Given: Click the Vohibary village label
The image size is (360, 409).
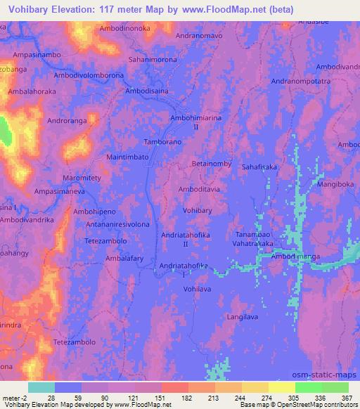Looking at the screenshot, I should click(x=196, y=209).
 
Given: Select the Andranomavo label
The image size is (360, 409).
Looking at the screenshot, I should click(x=198, y=34).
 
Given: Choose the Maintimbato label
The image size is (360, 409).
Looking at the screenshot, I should click(x=127, y=158).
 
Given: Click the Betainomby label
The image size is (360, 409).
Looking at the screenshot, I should click(x=212, y=163).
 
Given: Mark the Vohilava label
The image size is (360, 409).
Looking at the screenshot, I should click(x=196, y=288).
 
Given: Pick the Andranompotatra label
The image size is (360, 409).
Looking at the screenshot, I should click(x=301, y=82).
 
